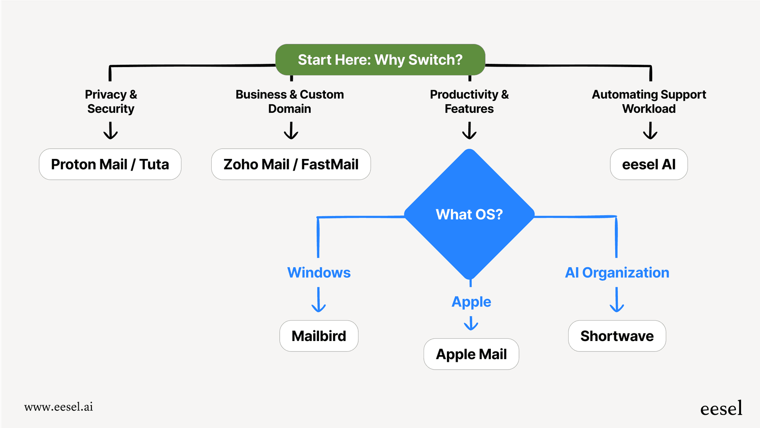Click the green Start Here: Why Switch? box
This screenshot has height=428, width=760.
(x=380, y=60)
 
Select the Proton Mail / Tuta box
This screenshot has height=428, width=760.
(x=110, y=164)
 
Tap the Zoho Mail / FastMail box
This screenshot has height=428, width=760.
(x=291, y=164)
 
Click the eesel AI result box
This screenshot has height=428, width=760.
(x=649, y=164)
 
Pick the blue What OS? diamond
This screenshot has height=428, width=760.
(x=469, y=214)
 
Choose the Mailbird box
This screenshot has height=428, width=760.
(x=319, y=336)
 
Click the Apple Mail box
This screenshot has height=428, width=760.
(x=471, y=354)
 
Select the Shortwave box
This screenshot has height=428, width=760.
(x=617, y=336)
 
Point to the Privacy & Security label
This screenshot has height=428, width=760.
(x=111, y=101)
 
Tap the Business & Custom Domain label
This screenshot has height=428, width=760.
(x=290, y=101)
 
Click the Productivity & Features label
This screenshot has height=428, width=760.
(x=469, y=101)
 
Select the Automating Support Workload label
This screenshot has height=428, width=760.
(x=649, y=101)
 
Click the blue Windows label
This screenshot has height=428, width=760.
(x=319, y=273)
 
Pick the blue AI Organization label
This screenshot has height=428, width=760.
(x=617, y=273)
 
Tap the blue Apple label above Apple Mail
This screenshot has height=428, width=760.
(x=471, y=302)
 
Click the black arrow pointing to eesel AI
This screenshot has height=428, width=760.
(x=650, y=131)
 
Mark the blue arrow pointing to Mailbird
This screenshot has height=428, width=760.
(x=318, y=300)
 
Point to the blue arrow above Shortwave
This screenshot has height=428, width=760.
(x=617, y=300)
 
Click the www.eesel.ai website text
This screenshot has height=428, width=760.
(x=59, y=407)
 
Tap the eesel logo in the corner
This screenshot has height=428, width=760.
(x=721, y=409)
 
